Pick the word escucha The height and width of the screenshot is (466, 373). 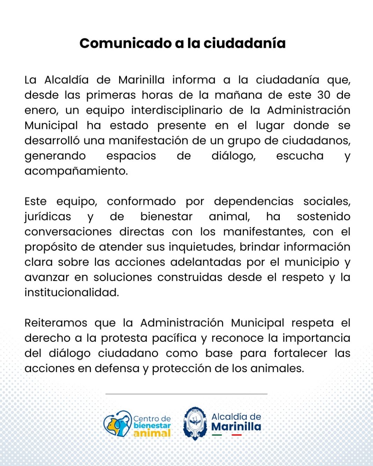coord(300,156)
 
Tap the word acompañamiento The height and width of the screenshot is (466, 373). coord(76,171)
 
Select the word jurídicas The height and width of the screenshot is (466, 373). coord(47,217)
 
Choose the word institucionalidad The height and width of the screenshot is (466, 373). coord(72,293)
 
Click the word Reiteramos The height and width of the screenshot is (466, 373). coord(56,323)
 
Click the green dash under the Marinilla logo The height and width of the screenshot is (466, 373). coord(217,435)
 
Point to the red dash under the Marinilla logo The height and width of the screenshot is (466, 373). coord(236,435)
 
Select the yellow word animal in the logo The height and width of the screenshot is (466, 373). coord(152,433)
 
